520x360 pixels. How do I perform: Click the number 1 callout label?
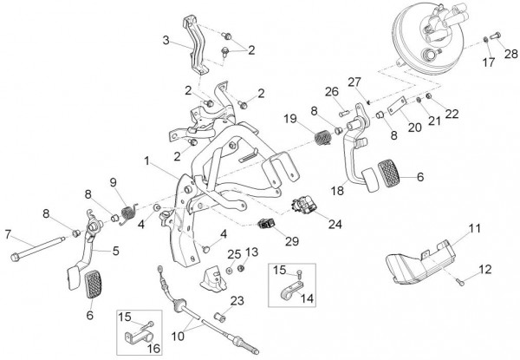[148, 160]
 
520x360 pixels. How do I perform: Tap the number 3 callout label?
[166, 41]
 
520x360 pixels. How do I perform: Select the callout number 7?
[8, 234]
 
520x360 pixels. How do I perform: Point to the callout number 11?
[474, 228]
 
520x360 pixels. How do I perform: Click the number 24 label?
[335, 223]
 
